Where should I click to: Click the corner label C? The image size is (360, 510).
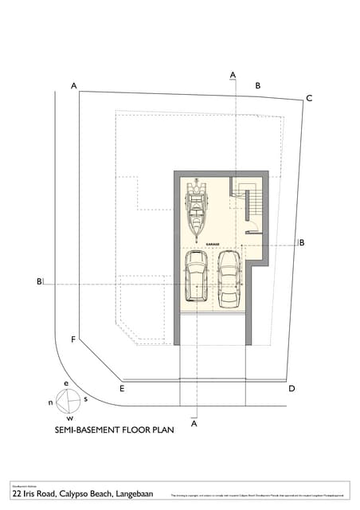(309, 98)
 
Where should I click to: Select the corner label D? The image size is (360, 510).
(292, 388)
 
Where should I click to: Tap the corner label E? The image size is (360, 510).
(122, 389)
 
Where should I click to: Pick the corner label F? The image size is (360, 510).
(73, 340)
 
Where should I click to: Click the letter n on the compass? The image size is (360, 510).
(51, 402)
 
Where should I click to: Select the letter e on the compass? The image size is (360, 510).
(67, 383)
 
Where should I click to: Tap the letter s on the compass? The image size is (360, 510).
(86, 398)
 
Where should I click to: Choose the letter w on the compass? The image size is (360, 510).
(70, 418)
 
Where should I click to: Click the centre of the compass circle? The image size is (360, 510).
(68, 400)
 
